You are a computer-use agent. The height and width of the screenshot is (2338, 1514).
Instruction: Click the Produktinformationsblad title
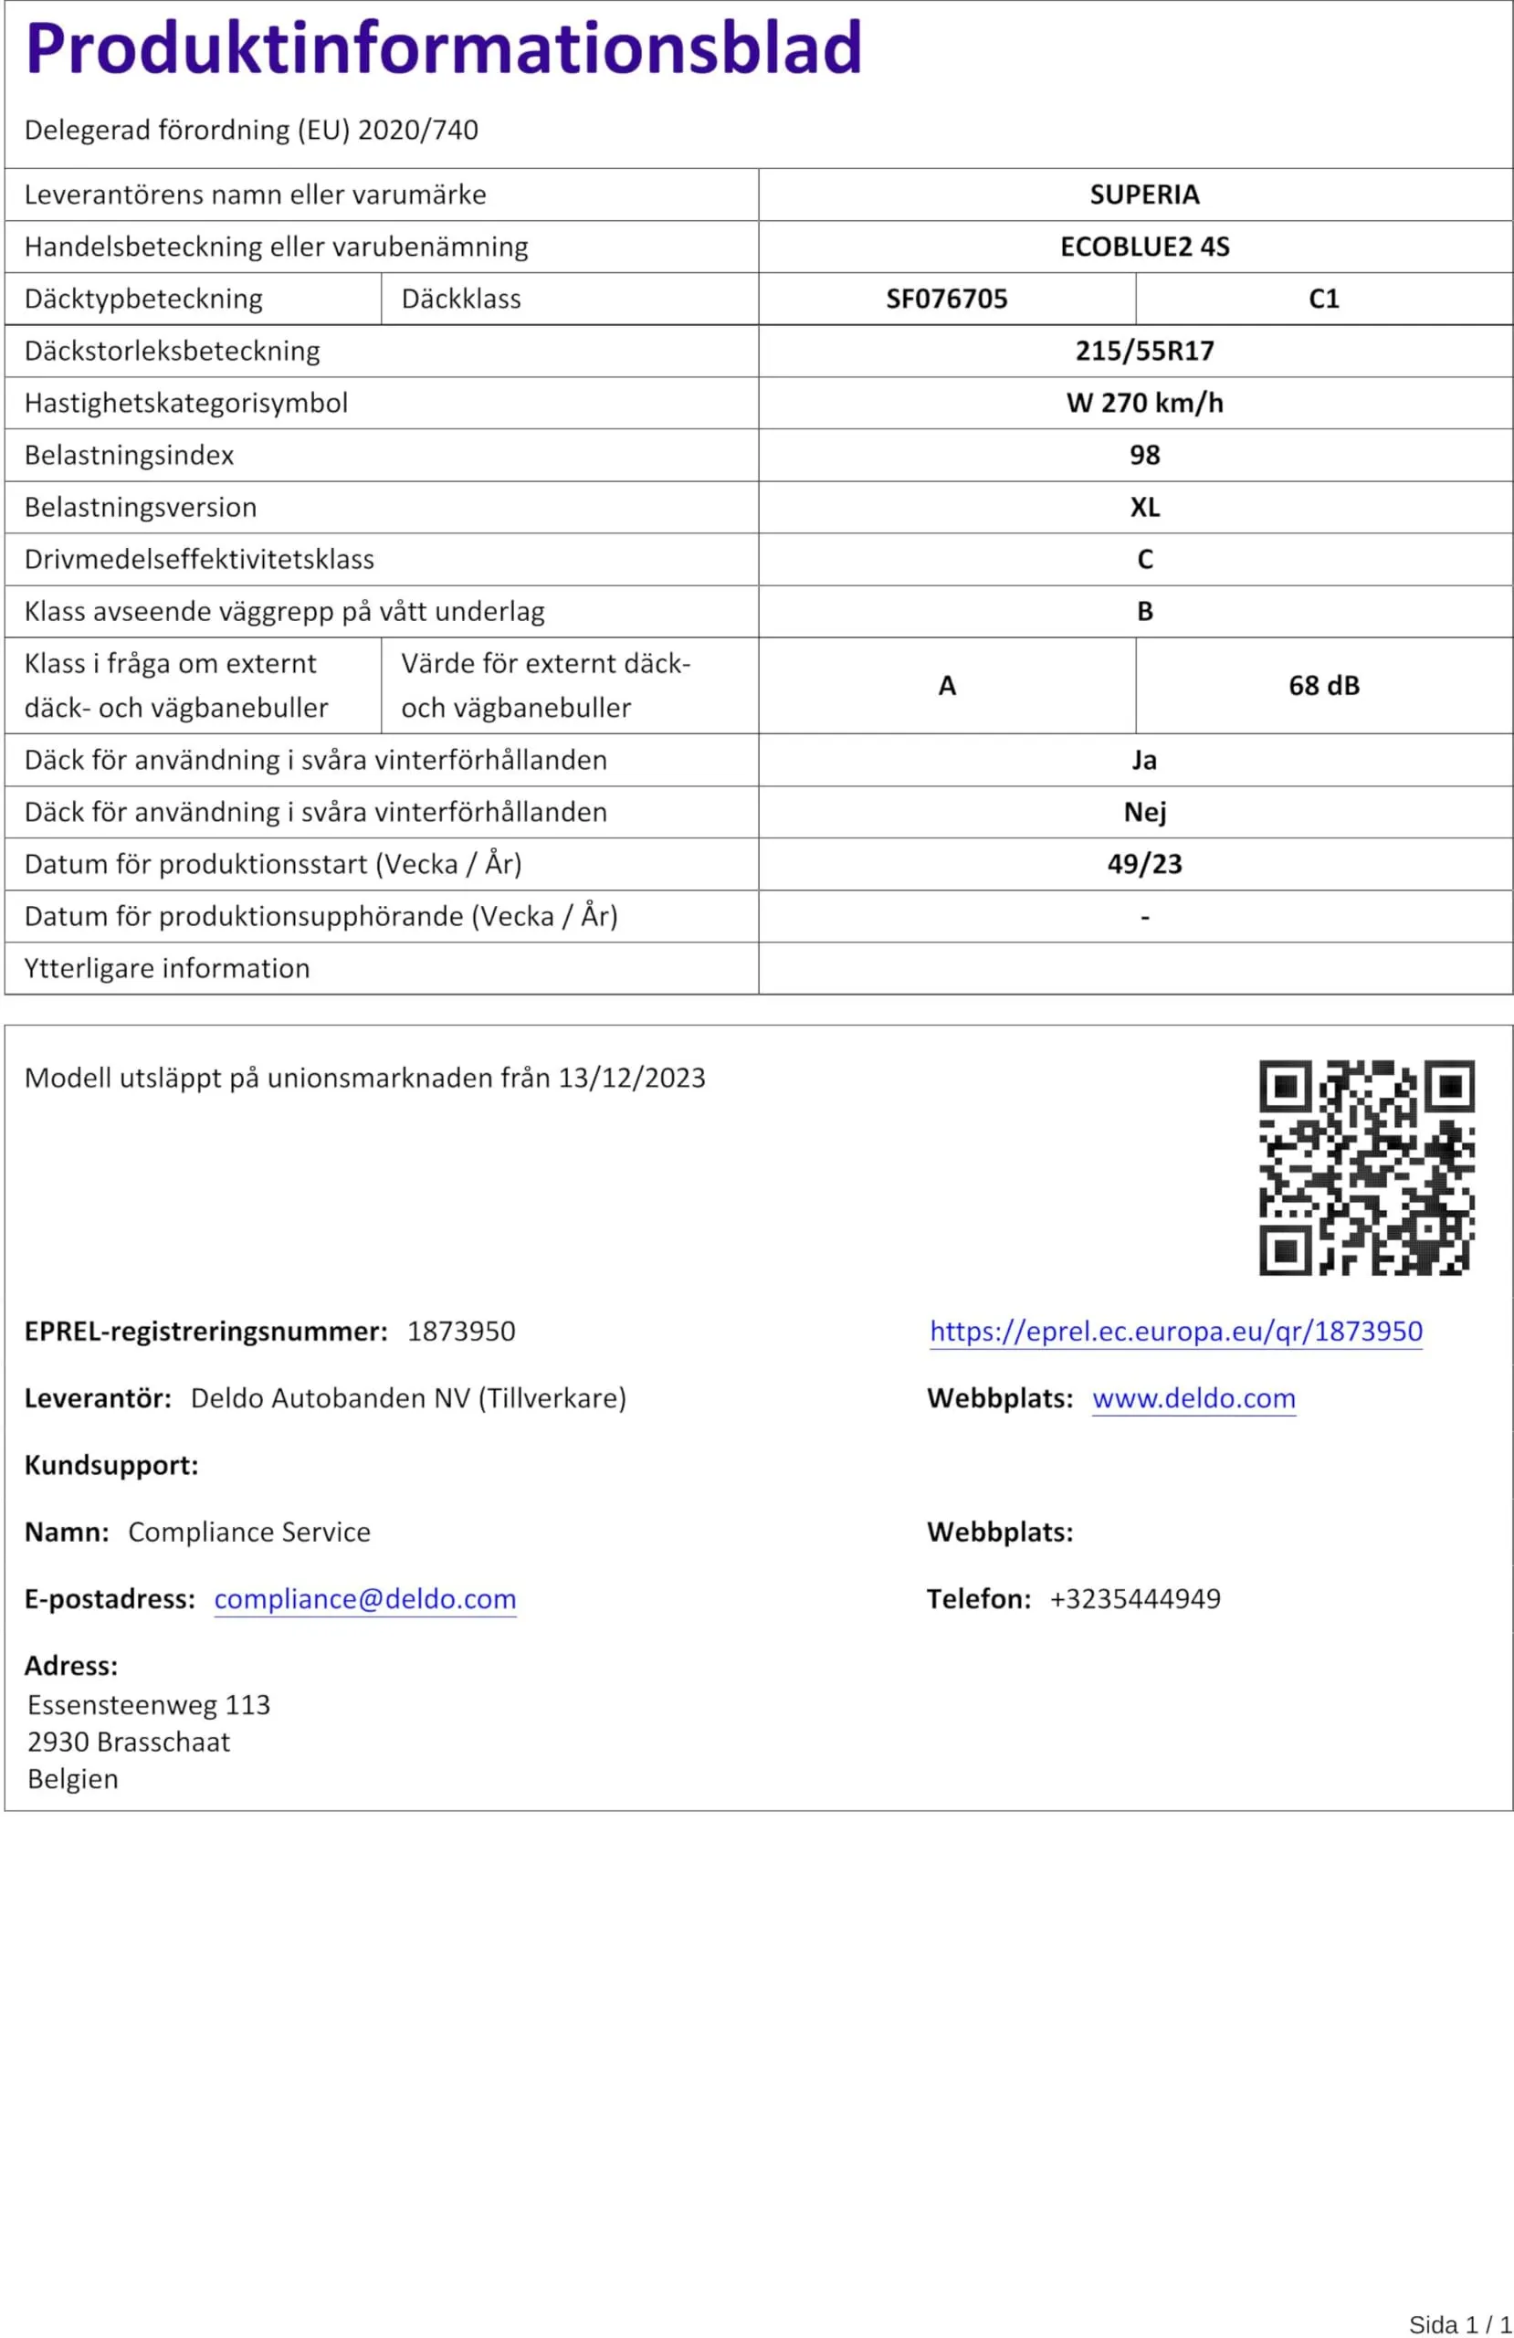coord(443,48)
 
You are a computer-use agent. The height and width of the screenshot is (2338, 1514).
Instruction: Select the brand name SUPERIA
coord(1143,195)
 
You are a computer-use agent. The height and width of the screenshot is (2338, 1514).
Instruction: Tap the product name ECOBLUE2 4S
coord(1143,247)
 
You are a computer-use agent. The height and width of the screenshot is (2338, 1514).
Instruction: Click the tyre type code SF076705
coord(946,299)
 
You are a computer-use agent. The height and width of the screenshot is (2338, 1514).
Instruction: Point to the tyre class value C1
coord(1323,299)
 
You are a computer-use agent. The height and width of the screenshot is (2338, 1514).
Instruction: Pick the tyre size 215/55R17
coord(1143,351)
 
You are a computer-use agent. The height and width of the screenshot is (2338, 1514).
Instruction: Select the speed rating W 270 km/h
coord(1143,403)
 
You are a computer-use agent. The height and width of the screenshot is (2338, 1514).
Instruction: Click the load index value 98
coord(1143,455)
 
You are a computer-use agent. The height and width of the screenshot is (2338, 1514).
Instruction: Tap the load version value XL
coord(1143,507)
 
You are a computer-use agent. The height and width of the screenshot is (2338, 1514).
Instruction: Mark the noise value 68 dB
coord(1323,686)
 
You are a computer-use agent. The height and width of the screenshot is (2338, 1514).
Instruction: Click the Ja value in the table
coord(1143,761)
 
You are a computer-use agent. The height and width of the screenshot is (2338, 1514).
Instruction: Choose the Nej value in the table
coord(1143,813)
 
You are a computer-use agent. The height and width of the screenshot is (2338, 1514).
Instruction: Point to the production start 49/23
coord(1143,865)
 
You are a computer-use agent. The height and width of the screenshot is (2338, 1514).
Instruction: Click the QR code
coord(1366,1167)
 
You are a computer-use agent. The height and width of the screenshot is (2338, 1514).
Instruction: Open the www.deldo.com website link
coord(1193,1398)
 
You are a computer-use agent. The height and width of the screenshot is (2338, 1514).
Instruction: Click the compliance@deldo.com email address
coord(364,1598)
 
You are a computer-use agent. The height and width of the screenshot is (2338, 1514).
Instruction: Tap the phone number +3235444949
coord(1134,1598)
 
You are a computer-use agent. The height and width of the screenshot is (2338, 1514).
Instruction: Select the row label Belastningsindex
coord(129,455)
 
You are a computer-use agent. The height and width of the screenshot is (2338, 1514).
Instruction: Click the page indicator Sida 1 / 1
coord(1459,2324)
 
